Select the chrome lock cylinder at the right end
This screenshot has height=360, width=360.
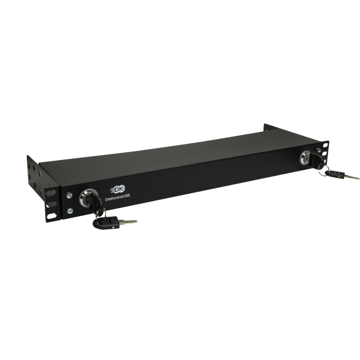point(305,157)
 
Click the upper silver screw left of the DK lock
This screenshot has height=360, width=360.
point(70,195)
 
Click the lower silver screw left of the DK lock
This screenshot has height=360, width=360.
point(71,211)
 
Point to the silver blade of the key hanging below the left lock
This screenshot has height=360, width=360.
point(130,223)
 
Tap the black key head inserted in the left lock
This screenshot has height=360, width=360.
point(89,202)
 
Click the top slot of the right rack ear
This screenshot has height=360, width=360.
point(326,144)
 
